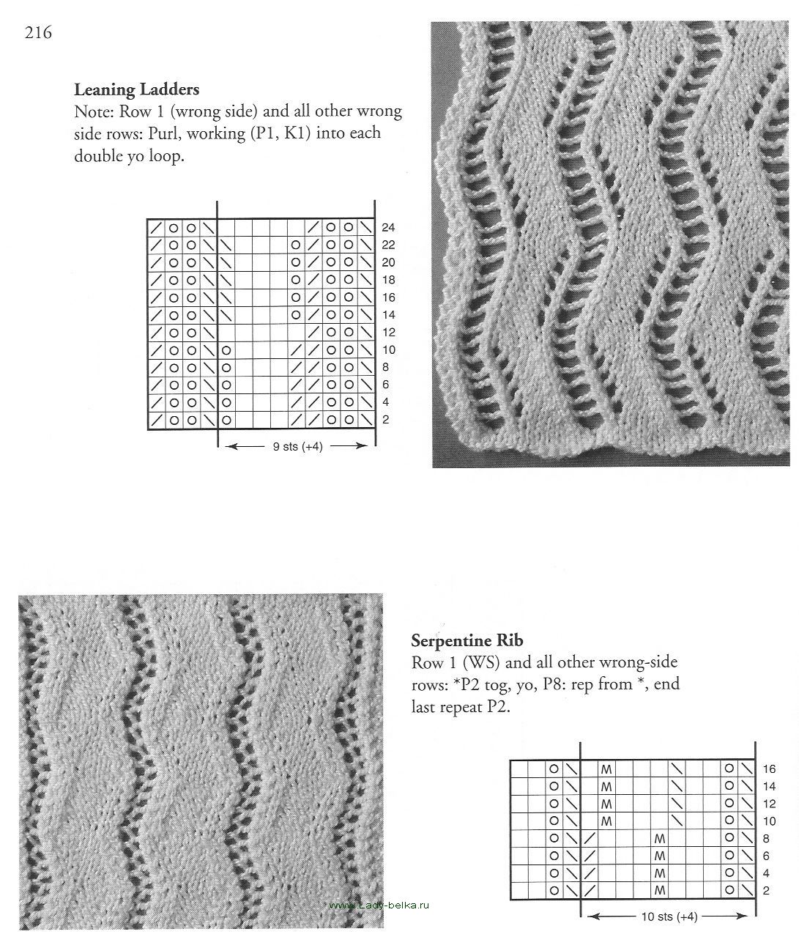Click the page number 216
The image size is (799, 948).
pyautogui.click(x=37, y=32)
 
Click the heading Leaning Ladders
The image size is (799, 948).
pyautogui.click(x=137, y=89)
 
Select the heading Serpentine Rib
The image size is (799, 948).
pyautogui.click(x=467, y=640)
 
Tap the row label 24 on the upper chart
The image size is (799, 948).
pyautogui.click(x=388, y=227)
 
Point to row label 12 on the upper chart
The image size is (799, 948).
pyautogui.click(x=388, y=333)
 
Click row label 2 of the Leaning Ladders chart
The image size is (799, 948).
pyautogui.click(x=385, y=420)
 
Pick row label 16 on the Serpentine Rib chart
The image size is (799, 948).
pyautogui.click(x=768, y=769)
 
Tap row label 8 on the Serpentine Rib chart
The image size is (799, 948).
pyautogui.click(x=765, y=839)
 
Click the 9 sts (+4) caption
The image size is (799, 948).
pyautogui.click(x=297, y=446)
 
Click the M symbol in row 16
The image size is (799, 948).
pyautogui.click(x=606, y=769)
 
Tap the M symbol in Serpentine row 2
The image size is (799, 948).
pyautogui.click(x=660, y=891)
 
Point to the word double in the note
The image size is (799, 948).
pyautogui.click(x=99, y=156)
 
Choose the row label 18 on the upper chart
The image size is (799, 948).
pyautogui.click(x=388, y=280)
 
